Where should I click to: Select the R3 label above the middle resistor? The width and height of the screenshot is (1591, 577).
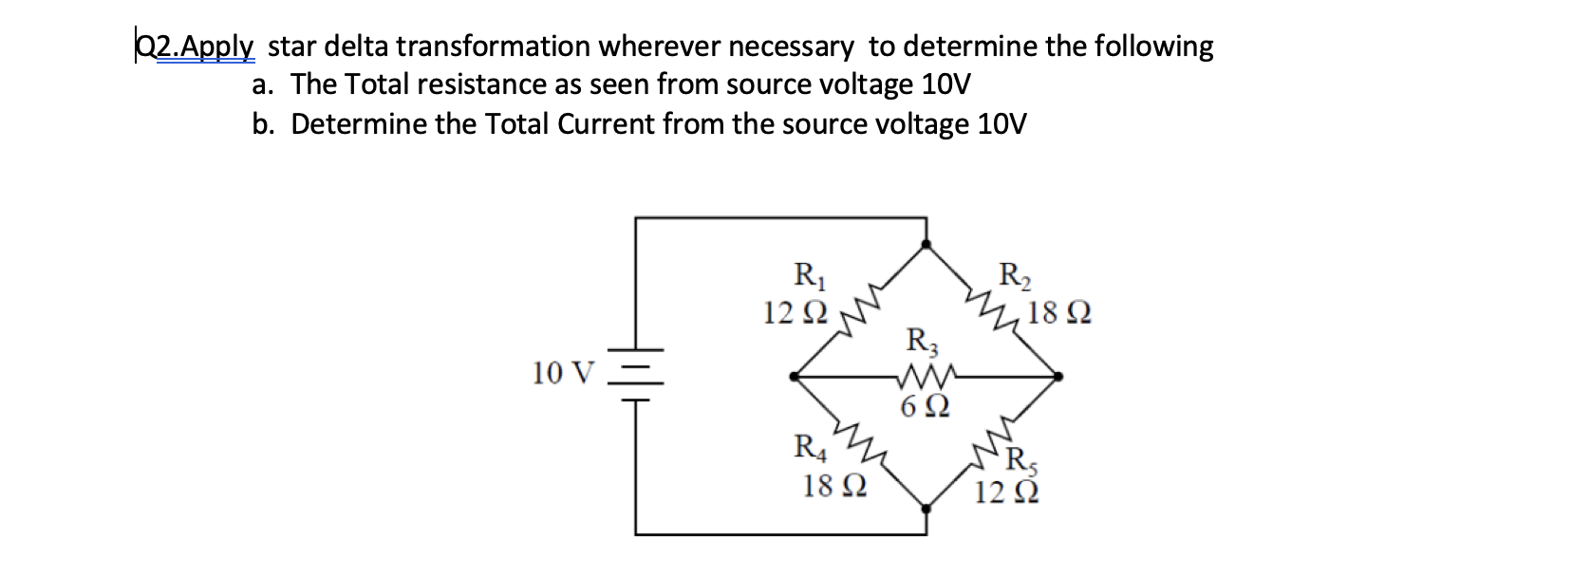tap(923, 342)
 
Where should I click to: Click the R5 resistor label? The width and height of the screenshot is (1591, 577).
tap(1022, 462)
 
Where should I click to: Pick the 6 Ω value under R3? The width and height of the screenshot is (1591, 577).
tap(925, 406)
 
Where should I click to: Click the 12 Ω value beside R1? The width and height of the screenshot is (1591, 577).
tap(795, 312)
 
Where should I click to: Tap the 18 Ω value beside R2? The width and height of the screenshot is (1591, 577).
tap(1059, 312)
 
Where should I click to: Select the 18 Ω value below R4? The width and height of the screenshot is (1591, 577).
tap(834, 486)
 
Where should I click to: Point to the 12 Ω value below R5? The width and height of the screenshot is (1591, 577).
tap(1006, 492)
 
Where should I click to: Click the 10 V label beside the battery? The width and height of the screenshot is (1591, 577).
tap(563, 373)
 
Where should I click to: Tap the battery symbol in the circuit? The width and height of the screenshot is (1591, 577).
tap(636, 375)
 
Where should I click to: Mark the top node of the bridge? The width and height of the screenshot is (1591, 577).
tap(927, 245)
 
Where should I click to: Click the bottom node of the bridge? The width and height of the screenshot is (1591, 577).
tap(927, 508)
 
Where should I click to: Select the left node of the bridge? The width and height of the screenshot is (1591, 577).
tap(795, 377)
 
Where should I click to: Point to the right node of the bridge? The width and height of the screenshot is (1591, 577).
tap(1058, 377)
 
